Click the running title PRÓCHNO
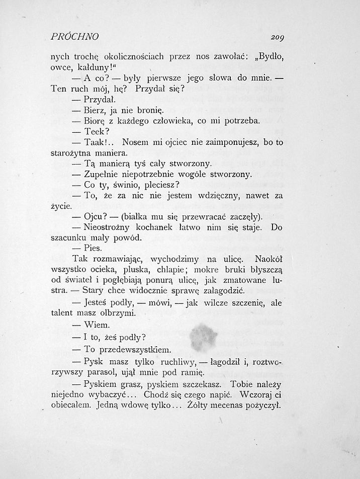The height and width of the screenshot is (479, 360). click(75, 37)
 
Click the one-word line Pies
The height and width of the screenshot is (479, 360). click(93, 248)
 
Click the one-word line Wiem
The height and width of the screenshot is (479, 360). click(97, 326)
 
